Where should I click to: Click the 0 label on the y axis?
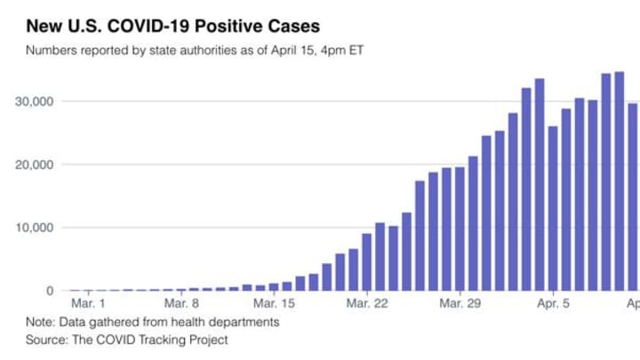coord(50,291)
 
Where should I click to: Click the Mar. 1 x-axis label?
coord(87,303)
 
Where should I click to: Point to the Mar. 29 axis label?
coord(460,303)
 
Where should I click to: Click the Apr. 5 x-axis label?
coord(553,303)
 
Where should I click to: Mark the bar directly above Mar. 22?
coord(366,261)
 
